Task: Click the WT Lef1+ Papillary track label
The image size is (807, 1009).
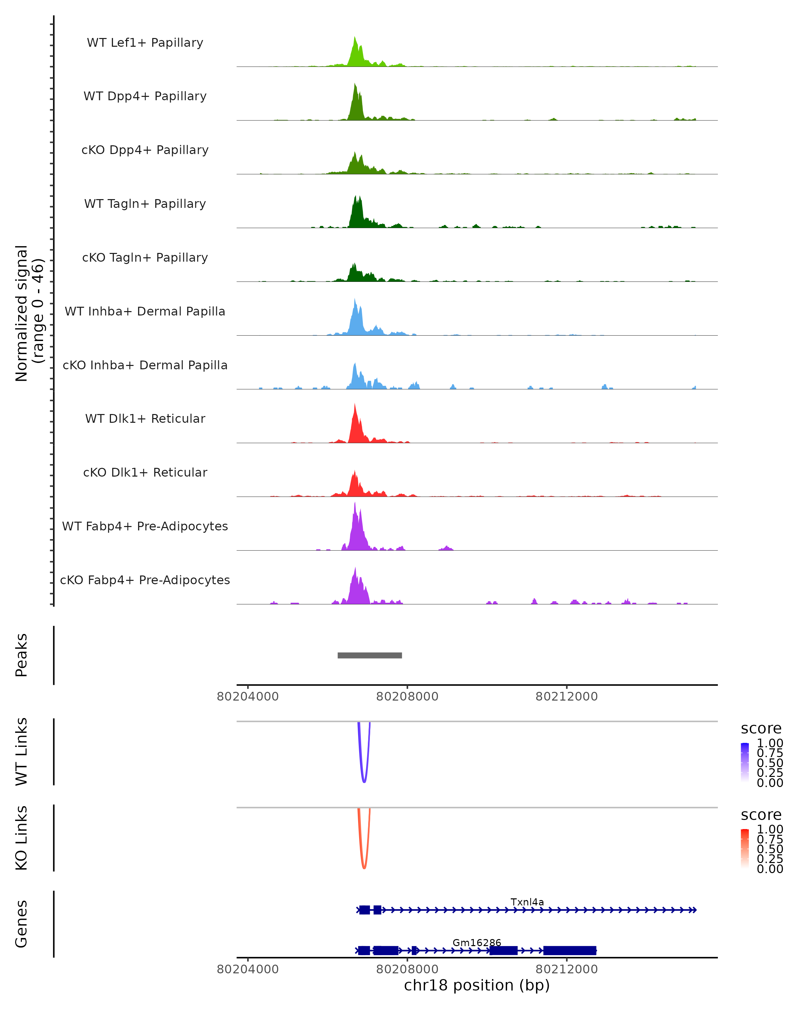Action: coord(145,43)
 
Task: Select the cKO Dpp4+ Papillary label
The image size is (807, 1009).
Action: coord(145,150)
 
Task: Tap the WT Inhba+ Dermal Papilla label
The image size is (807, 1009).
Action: coord(145,312)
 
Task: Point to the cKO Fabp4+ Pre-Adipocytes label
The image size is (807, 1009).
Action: coord(145,580)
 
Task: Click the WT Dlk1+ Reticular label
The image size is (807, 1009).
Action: coord(145,419)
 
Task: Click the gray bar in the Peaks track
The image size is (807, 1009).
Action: coord(370,655)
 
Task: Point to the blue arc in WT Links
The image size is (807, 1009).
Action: coord(364,781)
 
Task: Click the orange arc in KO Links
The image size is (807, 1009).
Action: coord(364,867)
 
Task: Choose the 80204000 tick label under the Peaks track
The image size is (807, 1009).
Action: coord(247,697)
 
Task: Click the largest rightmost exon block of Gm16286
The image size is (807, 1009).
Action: coord(569,950)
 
